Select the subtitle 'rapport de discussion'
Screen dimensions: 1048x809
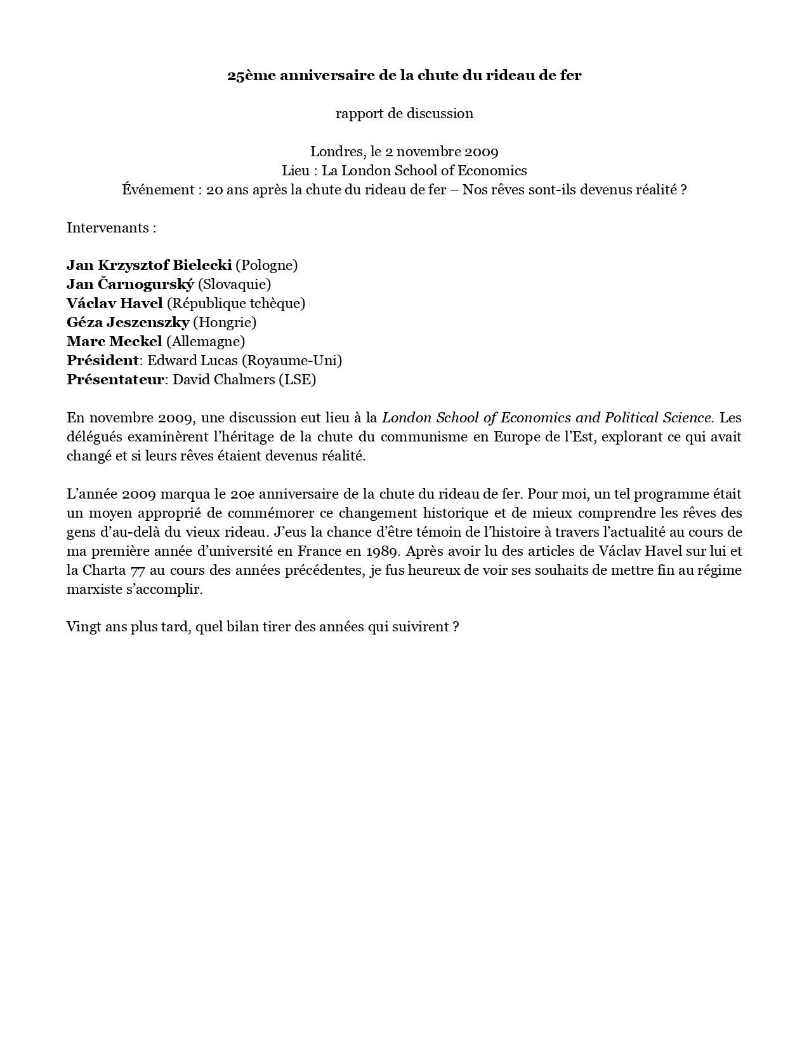(x=404, y=114)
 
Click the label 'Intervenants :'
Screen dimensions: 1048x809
(x=111, y=227)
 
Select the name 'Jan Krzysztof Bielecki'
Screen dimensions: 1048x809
(x=149, y=265)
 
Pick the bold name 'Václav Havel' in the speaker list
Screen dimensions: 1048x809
(x=115, y=304)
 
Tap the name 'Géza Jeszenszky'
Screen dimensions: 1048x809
(x=128, y=323)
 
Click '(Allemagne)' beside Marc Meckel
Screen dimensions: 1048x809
(x=205, y=342)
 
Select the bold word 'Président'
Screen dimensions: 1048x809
(x=102, y=361)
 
